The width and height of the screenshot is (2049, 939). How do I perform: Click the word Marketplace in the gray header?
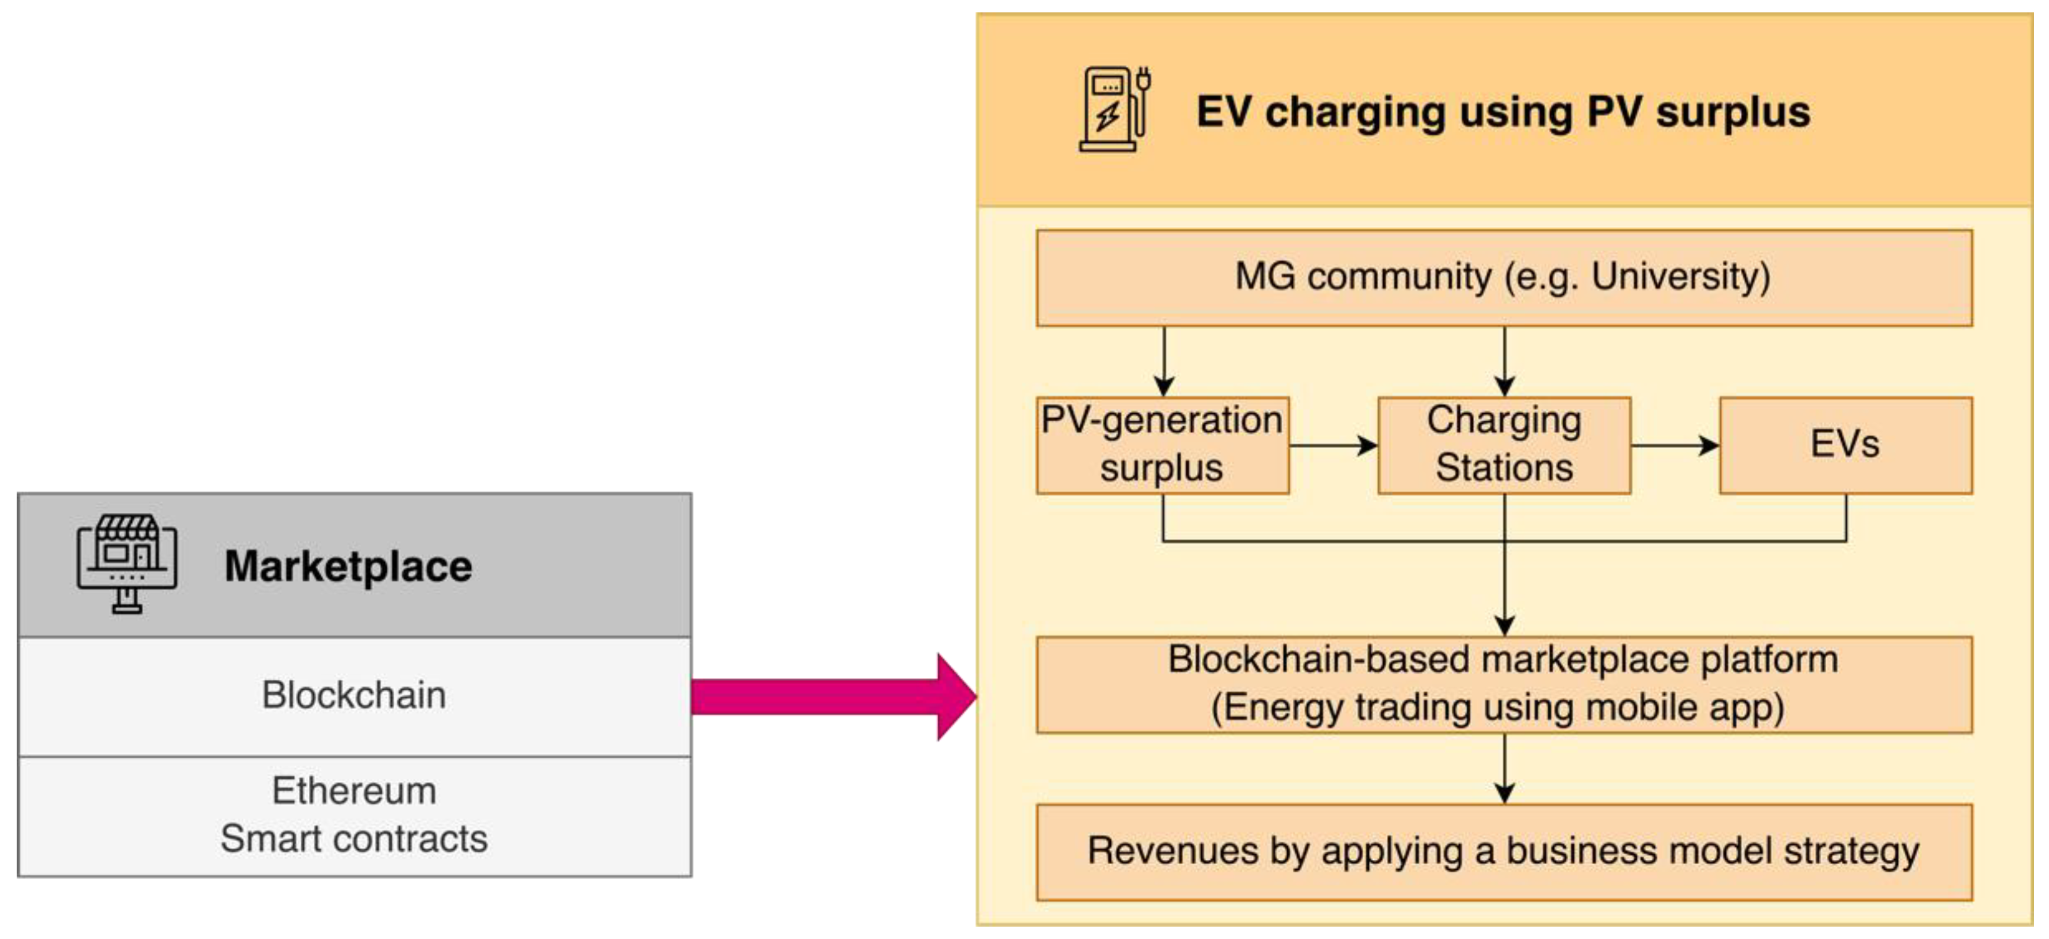click(348, 566)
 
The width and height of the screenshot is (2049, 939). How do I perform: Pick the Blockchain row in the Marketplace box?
click(354, 695)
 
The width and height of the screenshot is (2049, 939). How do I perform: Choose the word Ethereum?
click(354, 791)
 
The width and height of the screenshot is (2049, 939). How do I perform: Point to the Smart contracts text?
click(354, 838)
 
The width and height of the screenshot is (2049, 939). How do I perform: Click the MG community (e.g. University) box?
click(1503, 278)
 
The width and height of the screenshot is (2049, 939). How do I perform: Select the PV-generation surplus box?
click(1162, 445)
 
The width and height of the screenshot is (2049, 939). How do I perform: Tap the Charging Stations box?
click(1503, 445)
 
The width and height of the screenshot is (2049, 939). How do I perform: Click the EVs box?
click(1845, 445)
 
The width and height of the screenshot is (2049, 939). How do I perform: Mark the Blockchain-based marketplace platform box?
click(1503, 684)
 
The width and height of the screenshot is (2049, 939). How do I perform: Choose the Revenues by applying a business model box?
click(1503, 851)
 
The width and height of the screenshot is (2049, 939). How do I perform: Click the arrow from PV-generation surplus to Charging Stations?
click(1333, 445)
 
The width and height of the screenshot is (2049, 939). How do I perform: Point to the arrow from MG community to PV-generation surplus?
click(1163, 361)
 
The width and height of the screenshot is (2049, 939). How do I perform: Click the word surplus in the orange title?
click(1732, 111)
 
